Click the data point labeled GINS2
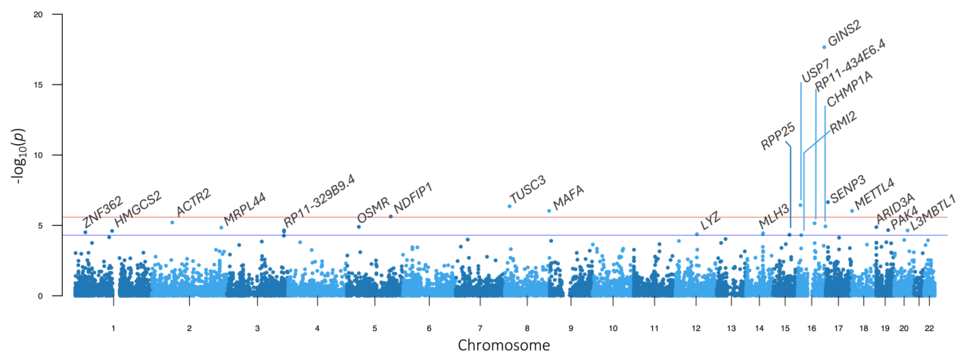click(x=824, y=47)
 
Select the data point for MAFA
click(x=549, y=211)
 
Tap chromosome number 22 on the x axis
click(x=929, y=328)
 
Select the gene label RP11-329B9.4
click(x=319, y=201)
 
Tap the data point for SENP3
click(x=828, y=202)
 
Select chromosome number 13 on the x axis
click(x=731, y=328)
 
